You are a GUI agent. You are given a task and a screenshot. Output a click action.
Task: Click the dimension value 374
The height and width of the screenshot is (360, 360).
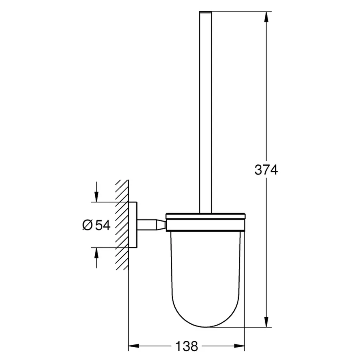[x=266, y=170]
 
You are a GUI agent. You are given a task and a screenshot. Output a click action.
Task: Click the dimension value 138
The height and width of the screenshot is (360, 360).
[x=186, y=346]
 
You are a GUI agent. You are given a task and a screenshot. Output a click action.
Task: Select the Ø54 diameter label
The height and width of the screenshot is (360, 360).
[x=96, y=225]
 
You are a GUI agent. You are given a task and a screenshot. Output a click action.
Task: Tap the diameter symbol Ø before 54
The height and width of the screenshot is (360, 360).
[x=88, y=225]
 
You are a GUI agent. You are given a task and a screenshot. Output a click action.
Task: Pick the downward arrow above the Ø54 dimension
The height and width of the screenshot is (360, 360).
[x=96, y=196]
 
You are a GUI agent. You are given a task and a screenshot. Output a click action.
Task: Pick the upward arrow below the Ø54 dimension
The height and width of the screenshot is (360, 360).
[x=96, y=254]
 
